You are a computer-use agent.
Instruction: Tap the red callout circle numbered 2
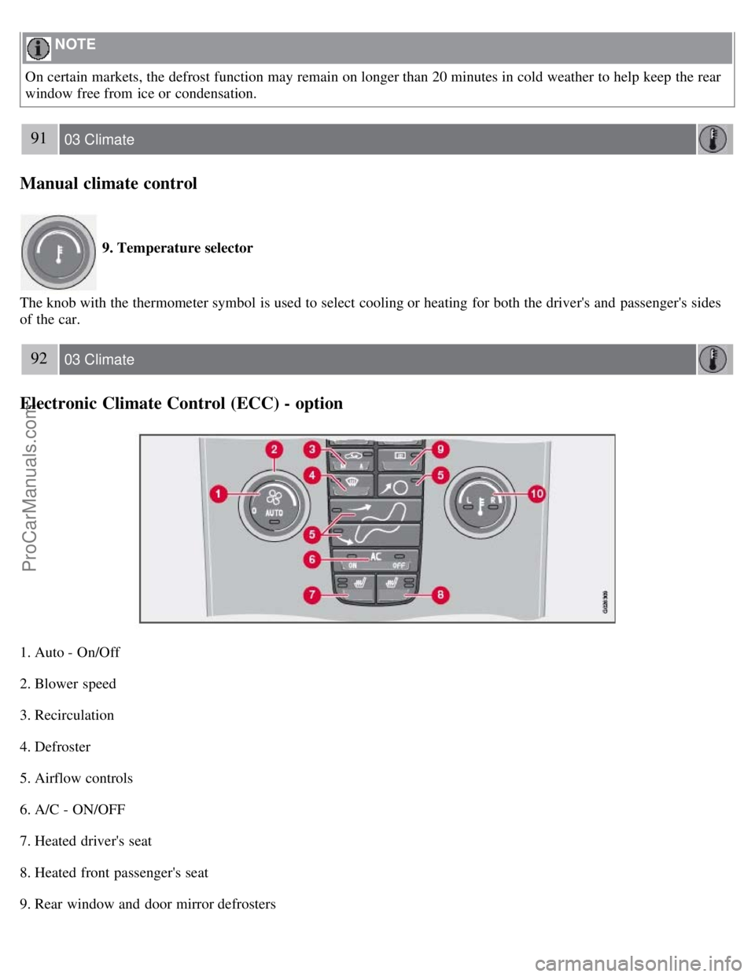(x=274, y=450)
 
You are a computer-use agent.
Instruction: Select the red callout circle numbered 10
(x=536, y=494)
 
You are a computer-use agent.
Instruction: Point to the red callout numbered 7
(x=313, y=595)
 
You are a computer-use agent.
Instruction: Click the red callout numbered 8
(x=440, y=594)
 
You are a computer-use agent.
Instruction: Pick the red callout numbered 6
(x=313, y=559)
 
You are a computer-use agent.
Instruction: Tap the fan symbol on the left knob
(x=273, y=497)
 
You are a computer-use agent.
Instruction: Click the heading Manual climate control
(x=109, y=183)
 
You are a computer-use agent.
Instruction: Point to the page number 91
(x=39, y=139)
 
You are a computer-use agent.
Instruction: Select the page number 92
(x=39, y=359)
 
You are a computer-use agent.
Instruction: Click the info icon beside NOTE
(x=38, y=48)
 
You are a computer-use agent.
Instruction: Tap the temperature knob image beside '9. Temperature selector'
(x=58, y=253)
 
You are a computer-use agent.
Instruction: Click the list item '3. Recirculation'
(x=67, y=715)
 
